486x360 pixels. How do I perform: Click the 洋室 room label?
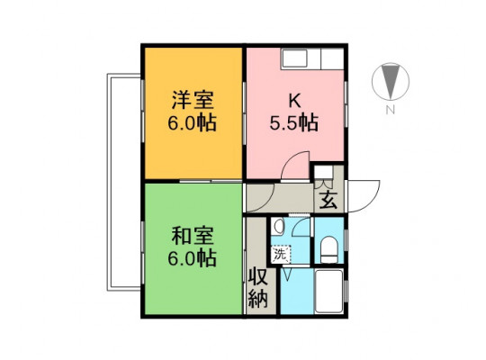tap(193, 100)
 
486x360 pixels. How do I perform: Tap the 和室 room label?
tap(193, 237)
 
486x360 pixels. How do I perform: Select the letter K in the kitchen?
tap(294, 101)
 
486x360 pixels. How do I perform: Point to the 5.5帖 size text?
tap(293, 123)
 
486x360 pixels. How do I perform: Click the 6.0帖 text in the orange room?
tap(192, 123)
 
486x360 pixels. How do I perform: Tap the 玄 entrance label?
tap(328, 200)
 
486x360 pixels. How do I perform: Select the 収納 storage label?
tap(258, 289)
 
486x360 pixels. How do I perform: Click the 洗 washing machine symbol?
tap(281, 255)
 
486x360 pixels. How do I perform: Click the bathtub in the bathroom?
tap(329, 291)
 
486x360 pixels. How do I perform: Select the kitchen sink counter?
tap(312, 58)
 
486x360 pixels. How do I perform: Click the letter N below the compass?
tap(391, 110)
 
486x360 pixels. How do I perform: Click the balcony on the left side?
tap(124, 183)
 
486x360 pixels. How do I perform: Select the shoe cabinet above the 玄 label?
tap(324, 173)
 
